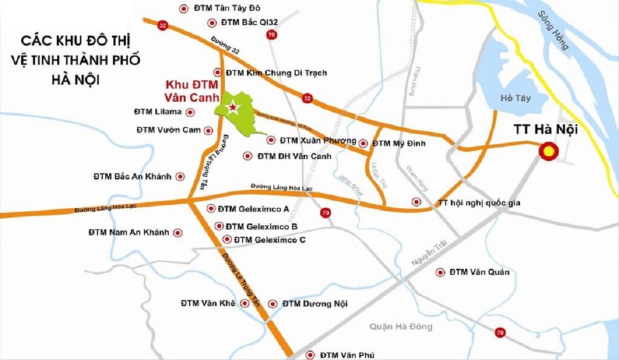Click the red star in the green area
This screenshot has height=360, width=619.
point(232,108)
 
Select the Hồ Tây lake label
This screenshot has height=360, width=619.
point(515,98)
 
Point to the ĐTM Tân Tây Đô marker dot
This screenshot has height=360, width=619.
point(184,8)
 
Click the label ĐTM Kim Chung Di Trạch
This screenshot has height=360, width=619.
point(276,72)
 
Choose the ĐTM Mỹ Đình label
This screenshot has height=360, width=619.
point(399,143)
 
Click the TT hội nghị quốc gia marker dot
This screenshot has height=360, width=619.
point(415,202)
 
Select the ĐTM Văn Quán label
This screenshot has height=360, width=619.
point(479,272)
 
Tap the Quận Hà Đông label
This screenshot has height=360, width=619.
point(401,327)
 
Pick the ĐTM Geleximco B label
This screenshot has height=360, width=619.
point(261,227)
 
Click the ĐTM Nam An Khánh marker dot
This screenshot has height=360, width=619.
point(178,232)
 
